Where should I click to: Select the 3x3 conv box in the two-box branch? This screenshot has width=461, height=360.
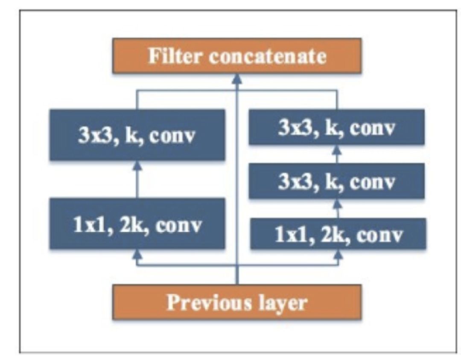(x=137, y=135)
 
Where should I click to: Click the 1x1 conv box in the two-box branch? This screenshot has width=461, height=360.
(x=137, y=223)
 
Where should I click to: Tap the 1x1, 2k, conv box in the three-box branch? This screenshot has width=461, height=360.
(x=338, y=234)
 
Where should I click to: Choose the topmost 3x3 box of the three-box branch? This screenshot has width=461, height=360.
(x=337, y=127)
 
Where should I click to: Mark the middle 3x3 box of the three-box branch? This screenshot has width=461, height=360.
(x=337, y=181)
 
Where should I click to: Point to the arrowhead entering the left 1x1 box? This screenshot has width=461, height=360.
(x=137, y=254)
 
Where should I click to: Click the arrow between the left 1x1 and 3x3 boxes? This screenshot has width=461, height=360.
(x=137, y=179)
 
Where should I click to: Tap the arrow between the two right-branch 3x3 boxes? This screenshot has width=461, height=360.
(x=337, y=154)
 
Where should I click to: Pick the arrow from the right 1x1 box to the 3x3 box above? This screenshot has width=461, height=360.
(x=338, y=208)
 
